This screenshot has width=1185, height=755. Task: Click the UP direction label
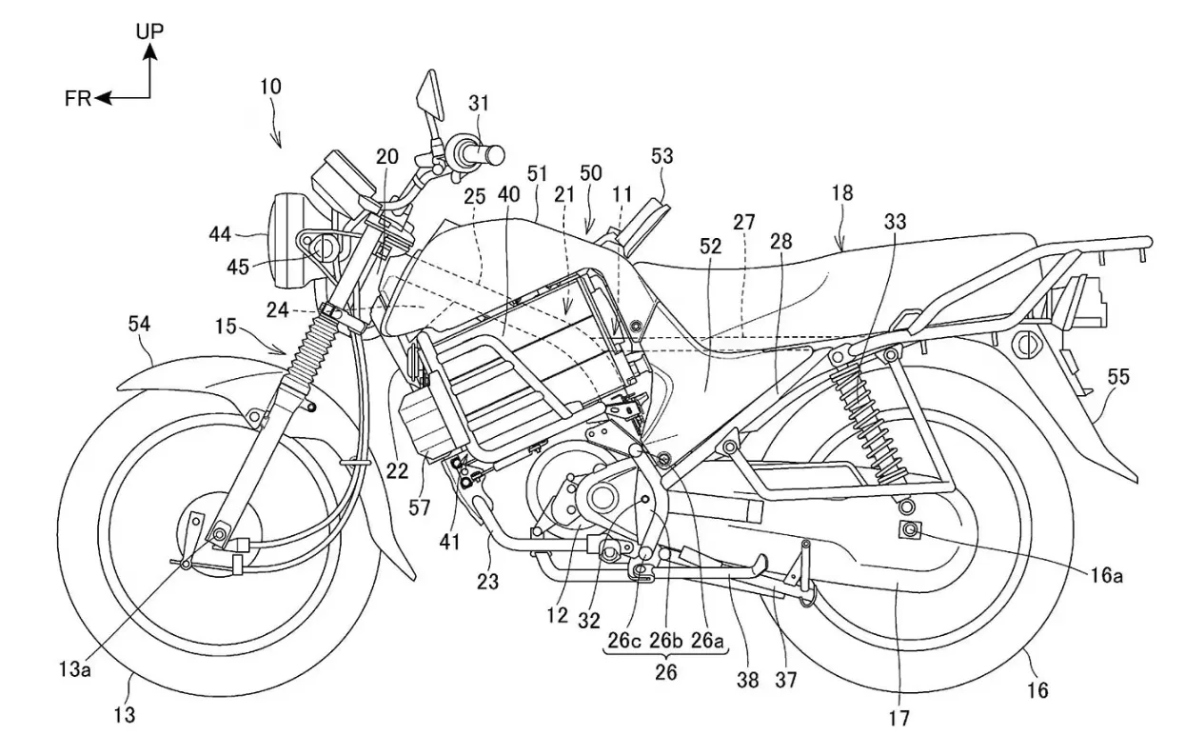(149, 30)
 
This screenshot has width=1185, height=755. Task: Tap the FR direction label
(78, 98)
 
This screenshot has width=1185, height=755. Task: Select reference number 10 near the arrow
(269, 86)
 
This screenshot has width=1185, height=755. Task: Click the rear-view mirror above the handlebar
(425, 97)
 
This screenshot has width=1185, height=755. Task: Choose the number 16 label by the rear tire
(1037, 689)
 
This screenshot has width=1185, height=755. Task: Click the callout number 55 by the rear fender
(1117, 377)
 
